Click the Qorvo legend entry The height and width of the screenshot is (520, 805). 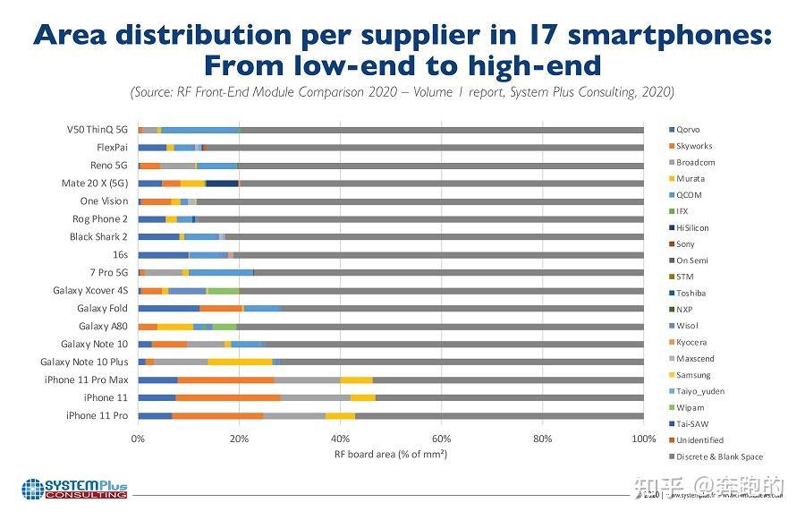click(x=688, y=130)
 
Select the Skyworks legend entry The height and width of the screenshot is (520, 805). click(x=693, y=146)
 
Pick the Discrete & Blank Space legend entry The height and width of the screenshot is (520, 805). click(x=718, y=456)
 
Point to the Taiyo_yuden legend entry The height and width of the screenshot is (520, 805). click(x=699, y=391)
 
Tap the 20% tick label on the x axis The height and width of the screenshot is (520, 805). click(x=239, y=439)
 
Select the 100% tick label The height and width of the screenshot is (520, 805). click(x=643, y=439)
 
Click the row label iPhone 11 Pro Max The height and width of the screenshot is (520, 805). click(x=86, y=379)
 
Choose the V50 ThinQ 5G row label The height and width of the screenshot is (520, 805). click(x=97, y=130)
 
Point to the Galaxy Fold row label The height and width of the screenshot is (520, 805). click(x=102, y=309)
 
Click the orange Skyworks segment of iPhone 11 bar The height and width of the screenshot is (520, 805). click(x=227, y=397)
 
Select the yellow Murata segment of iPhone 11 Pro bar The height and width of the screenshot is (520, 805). click(x=340, y=415)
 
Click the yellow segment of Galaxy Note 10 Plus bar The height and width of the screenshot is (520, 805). click(x=240, y=362)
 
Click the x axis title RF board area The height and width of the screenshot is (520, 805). click(x=390, y=455)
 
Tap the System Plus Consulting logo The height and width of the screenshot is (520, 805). click(x=74, y=490)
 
